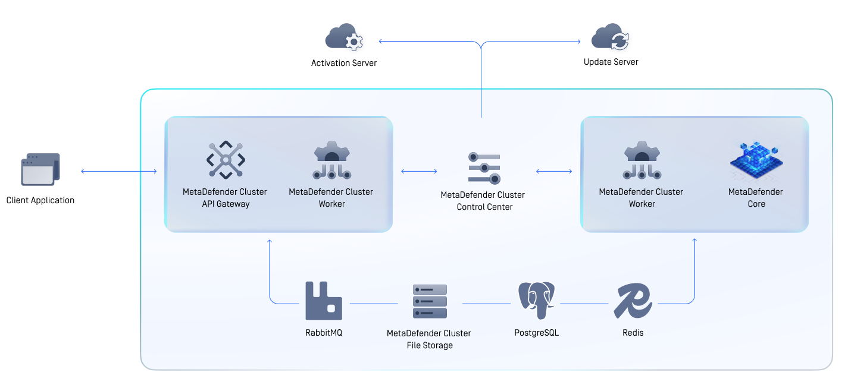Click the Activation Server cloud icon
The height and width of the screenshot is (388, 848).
tap(344, 38)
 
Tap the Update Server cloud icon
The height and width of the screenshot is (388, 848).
tap(610, 37)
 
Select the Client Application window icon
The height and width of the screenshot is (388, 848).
tap(40, 170)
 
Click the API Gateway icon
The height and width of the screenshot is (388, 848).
tap(226, 160)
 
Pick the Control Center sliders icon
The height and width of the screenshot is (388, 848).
tap(484, 168)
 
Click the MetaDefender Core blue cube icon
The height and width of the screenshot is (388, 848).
tap(756, 160)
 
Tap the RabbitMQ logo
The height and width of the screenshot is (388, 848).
tap(323, 301)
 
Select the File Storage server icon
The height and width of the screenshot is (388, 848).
tap(430, 301)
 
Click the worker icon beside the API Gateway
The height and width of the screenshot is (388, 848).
tap(331, 160)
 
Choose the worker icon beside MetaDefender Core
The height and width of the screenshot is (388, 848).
tap(642, 160)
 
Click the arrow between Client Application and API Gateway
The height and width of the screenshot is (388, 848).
tap(119, 172)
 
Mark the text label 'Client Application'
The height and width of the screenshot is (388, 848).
tap(40, 200)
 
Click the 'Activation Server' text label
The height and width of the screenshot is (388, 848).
tap(344, 63)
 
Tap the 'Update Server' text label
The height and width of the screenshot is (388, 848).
tap(611, 62)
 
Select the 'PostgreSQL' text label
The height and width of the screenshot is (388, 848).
tap(536, 333)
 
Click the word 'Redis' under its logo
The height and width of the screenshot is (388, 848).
tap(633, 333)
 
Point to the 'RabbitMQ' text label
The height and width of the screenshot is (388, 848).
tap(323, 333)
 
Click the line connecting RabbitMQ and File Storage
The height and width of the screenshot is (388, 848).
tap(373, 304)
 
